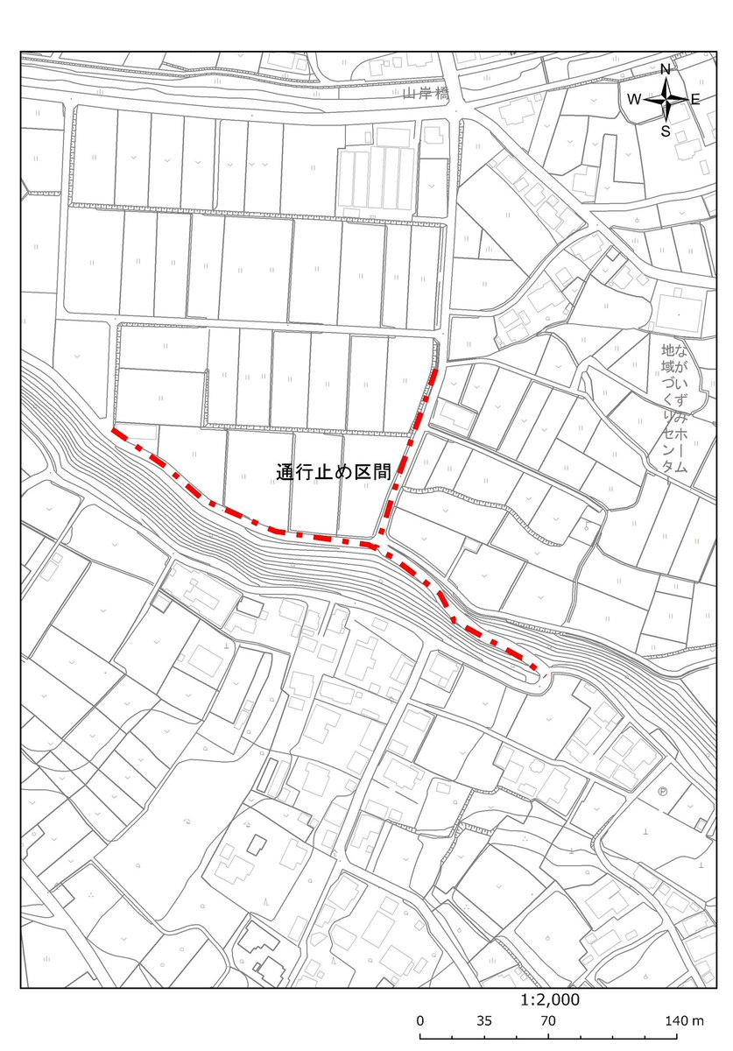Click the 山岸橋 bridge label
pos(425,93)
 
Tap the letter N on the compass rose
pos(666,70)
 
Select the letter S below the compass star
pos(666,131)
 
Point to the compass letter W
pos(633,99)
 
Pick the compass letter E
pos(695,99)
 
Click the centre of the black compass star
pos(666,99)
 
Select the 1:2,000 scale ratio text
pos(549,999)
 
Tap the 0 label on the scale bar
pos(420,1021)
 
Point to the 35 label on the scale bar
pos(484,1021)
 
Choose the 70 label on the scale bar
pos(548,1021)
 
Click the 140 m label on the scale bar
pos(684,1021)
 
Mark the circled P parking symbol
pos(663,792)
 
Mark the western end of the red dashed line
pos(115,431)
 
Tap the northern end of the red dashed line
pos(435,370)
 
